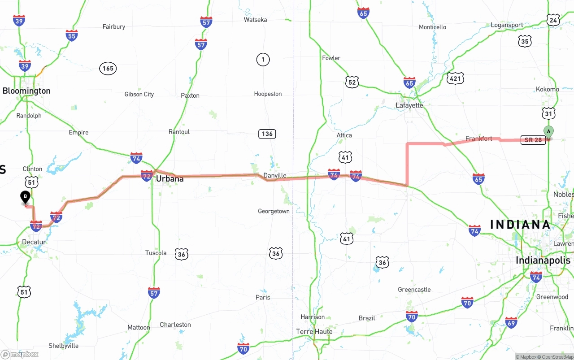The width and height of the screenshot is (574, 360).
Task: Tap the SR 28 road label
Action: [x=533, y=140]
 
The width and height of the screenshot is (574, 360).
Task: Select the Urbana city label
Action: [x=170, y=179]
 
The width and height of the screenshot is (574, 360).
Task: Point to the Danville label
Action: [x=275, y=175]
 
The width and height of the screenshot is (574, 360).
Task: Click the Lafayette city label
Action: [x=409, y=105]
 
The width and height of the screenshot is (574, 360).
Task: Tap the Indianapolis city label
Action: [x=543, y=260]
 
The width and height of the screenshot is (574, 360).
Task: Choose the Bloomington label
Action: [x=26, y=91]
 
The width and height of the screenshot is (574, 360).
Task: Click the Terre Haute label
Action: [x=314, y=332]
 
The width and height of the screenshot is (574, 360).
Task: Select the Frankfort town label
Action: [x=478, y=139]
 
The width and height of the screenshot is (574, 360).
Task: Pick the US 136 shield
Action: [x=267, y=134]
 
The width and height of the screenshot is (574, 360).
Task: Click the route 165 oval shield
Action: [x=108, y=69]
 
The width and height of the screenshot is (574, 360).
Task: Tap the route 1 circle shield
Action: [x=263, y=59]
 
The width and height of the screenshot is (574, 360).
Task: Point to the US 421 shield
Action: [x=455, y=79]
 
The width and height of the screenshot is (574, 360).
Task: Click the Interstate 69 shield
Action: [x=511, y=322]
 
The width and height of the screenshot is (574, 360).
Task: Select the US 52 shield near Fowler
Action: [x=352, y=82]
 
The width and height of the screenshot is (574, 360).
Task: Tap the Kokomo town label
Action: [x=547, y=89]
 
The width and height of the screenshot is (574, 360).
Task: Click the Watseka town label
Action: [x=255, y=20]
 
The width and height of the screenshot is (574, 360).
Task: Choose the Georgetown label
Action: [x=274, y=211]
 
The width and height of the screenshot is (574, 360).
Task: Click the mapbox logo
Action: [x=19, y=354]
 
